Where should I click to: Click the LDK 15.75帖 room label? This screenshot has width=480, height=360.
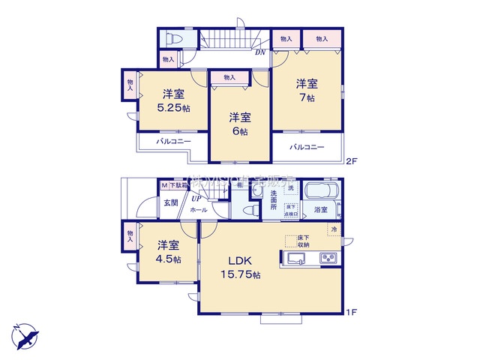(x=239, y=268)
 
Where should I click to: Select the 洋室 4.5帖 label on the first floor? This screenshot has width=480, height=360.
(x=168, y=252)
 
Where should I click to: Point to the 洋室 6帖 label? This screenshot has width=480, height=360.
(x=239, y=123)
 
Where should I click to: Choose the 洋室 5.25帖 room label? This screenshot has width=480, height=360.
(x=174, y=100)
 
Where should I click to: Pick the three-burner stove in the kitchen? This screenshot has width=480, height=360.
(x=328, y=259)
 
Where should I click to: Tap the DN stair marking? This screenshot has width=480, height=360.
(x=260, y=52)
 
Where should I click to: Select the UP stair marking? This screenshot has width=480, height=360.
(x=195, y=198)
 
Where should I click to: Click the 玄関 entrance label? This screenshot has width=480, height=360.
(x=171, y=202)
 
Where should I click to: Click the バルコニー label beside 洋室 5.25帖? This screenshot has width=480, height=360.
(x=174, y=141)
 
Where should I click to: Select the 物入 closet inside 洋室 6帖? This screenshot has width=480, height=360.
(x=229, y=77)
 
